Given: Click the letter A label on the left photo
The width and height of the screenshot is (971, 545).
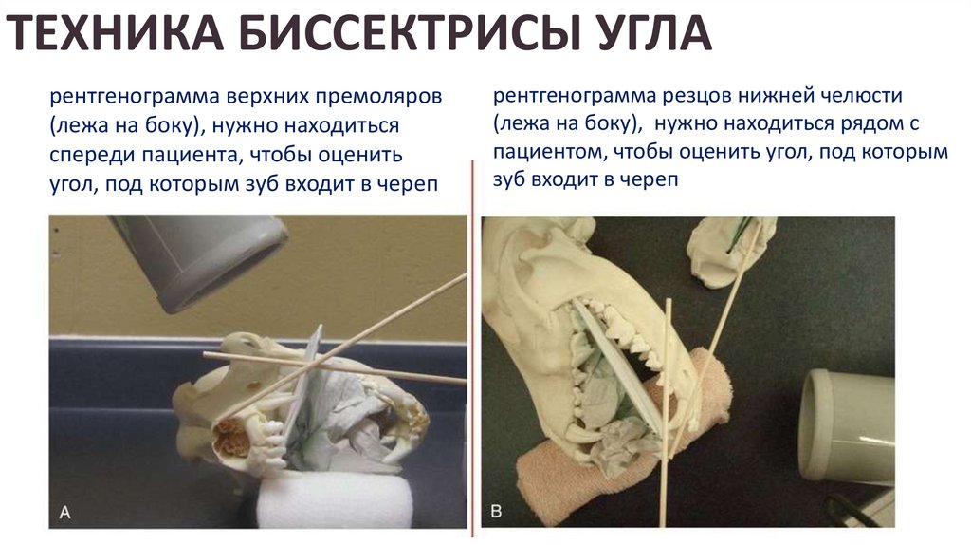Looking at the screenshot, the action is click(x=64, y=513).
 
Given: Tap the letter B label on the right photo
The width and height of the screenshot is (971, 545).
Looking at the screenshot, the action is click(x=496, y=512).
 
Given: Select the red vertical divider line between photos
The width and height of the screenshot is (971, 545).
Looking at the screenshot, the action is click(x=472, y=348).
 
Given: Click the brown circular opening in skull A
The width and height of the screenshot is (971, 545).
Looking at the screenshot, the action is click(x=232, y=436).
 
